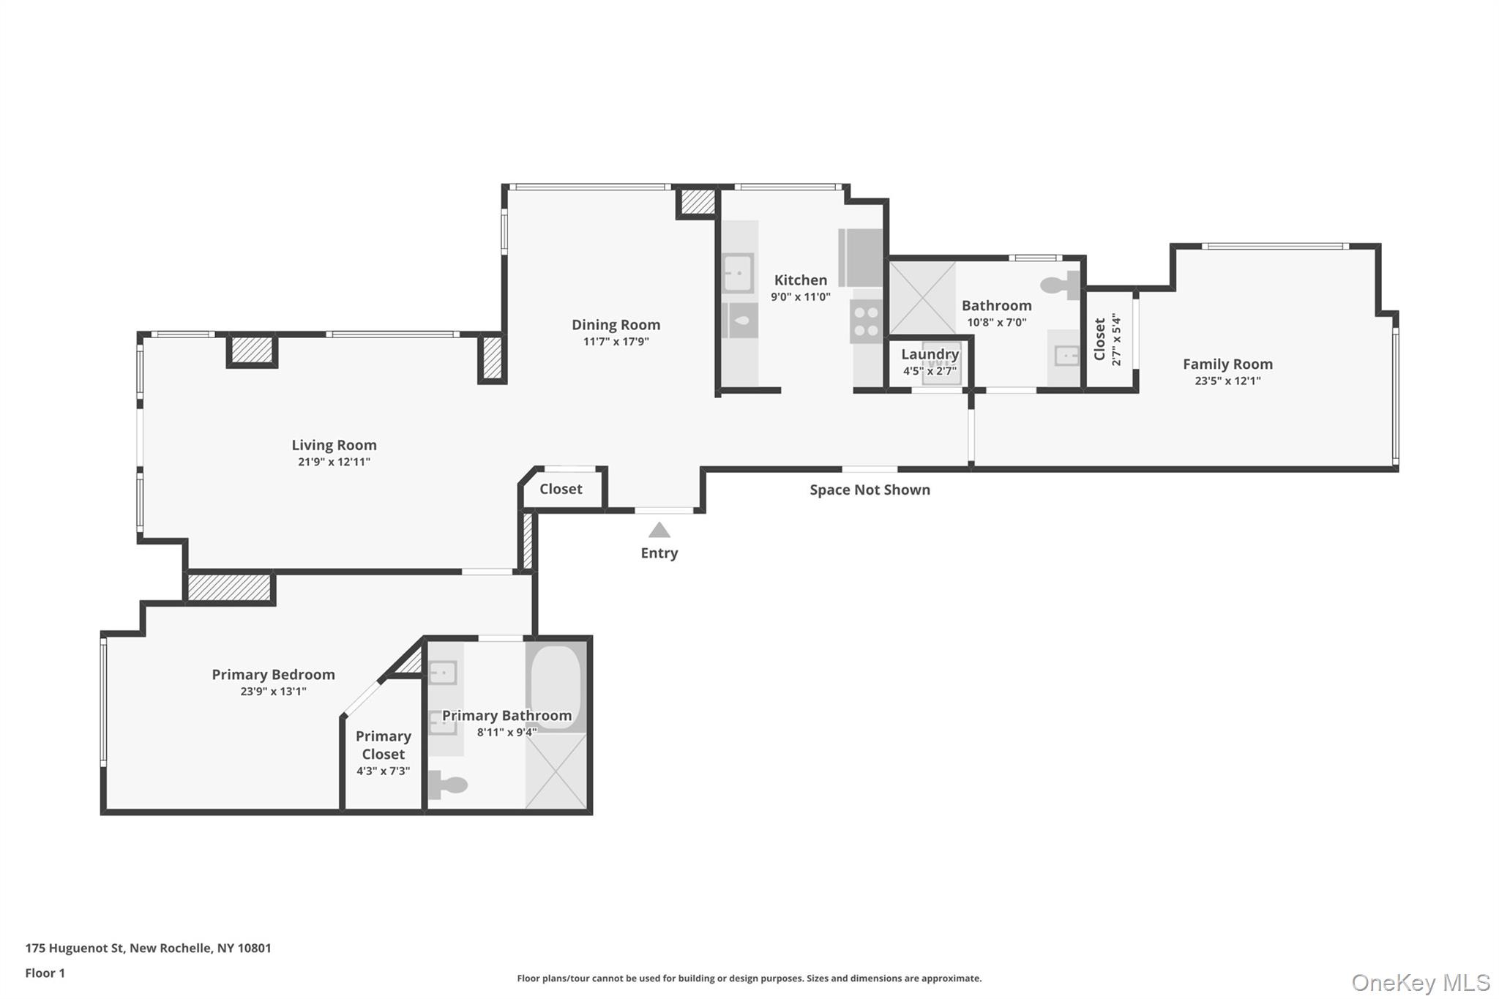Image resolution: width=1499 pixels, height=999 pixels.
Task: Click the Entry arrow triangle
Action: [659, 530]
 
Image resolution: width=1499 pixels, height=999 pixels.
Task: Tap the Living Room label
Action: [334, 445]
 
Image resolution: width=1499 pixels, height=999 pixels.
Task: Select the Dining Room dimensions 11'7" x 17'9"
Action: [616, 342]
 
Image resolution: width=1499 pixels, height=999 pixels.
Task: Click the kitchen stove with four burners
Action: [867, 322]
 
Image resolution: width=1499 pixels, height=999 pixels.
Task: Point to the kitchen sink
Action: [738, 274]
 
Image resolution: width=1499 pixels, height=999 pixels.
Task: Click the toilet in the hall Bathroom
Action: [1061, 285]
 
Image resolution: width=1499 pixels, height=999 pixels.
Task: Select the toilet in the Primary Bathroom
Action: [447, 785]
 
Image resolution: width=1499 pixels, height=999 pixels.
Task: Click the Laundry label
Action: [930, 354]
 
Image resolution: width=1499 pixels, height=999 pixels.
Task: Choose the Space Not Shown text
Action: [870, 490]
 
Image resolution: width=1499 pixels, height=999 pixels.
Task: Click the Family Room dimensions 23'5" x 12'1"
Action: [1227, 381]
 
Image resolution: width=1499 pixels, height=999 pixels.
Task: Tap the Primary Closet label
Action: [383, 745]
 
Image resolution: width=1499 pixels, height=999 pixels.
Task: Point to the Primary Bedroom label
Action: [273, 675]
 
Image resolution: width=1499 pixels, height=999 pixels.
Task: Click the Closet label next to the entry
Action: [561, 489]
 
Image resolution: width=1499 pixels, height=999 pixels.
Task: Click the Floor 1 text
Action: [45, 973]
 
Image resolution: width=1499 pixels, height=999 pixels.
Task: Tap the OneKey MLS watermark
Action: [1420, 983]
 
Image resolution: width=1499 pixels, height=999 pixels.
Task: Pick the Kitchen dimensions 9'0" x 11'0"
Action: [800, 297]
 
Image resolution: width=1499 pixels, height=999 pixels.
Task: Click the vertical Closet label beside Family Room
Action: [1099, 340]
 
